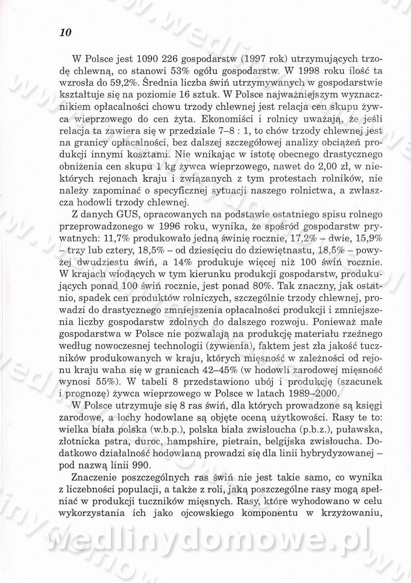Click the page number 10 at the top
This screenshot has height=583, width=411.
click(65, 33)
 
